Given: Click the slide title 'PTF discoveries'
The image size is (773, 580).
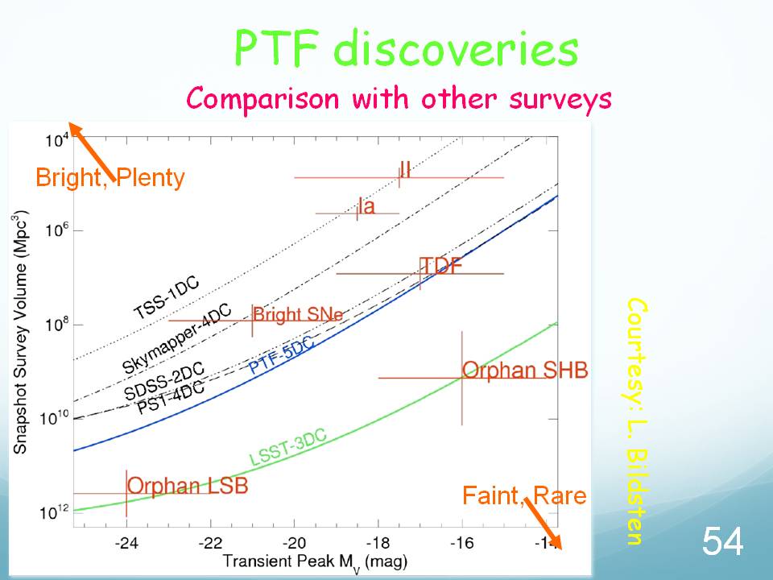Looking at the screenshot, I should [406, 49].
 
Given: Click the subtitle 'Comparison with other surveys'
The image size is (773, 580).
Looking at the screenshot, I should [399, 98].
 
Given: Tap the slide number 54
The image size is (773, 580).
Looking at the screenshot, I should [722, 542].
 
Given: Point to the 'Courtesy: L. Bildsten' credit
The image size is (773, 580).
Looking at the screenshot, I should [635, 420].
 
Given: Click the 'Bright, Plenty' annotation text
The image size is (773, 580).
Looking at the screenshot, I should [110, 177].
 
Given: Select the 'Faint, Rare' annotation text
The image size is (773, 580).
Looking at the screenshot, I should [524, 495].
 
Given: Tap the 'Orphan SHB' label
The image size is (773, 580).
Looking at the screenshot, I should [524, 371].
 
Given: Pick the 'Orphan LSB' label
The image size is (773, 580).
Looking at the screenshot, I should [188, 486].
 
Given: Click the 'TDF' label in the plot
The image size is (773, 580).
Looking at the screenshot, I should [441, 266].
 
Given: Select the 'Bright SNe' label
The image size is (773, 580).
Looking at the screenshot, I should [297, 314].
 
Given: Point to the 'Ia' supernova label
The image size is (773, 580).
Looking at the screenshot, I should [366, 206].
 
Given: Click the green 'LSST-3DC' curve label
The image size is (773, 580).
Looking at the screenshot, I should [287, 448].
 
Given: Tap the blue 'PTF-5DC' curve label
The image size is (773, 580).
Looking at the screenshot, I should [281, 355].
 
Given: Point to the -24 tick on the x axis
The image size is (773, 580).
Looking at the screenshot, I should [126, 541].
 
